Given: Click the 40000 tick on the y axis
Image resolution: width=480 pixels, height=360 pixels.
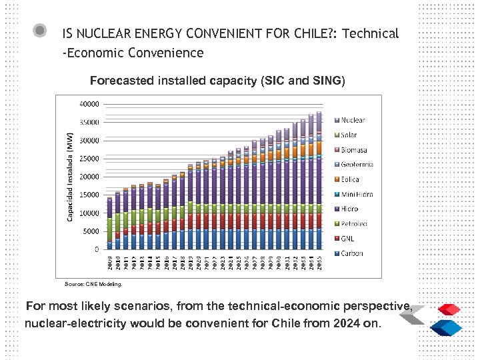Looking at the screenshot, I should coord(89,104).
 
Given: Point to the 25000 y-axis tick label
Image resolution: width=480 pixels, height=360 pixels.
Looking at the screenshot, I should coord(89,159).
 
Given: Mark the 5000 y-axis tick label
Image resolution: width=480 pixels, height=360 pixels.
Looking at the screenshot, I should coord(91,231).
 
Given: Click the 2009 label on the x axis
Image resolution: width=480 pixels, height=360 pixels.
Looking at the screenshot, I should coord(109,261).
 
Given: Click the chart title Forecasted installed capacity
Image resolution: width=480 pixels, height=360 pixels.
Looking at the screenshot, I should coord(217,81).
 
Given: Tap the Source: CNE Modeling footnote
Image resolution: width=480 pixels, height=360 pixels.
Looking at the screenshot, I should coord(93,284).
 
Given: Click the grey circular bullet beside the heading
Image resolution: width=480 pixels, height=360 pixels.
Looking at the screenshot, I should coord(40,31).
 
